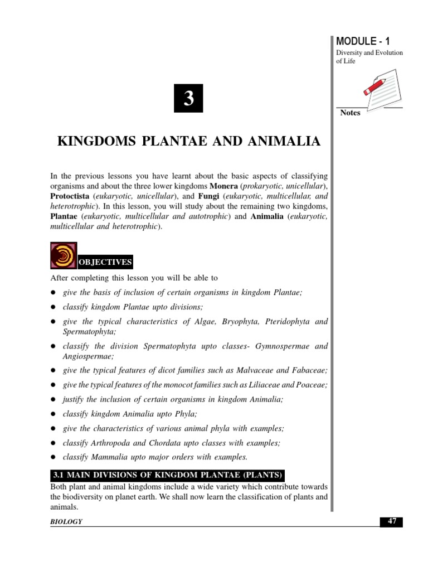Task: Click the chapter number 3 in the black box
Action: (188, 99)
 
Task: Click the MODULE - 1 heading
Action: (363, 41)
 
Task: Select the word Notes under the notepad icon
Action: (350, 113)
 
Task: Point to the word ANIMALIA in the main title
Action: (288, 142)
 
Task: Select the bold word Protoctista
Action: (70, 196)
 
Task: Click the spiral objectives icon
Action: (64, 256)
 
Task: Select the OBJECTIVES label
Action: (105, 262)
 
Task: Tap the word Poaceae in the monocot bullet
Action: (313, 385)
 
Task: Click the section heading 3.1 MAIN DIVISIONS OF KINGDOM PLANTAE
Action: (168, 475)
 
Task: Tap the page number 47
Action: (392, 521)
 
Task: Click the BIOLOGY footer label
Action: (66, 521)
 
